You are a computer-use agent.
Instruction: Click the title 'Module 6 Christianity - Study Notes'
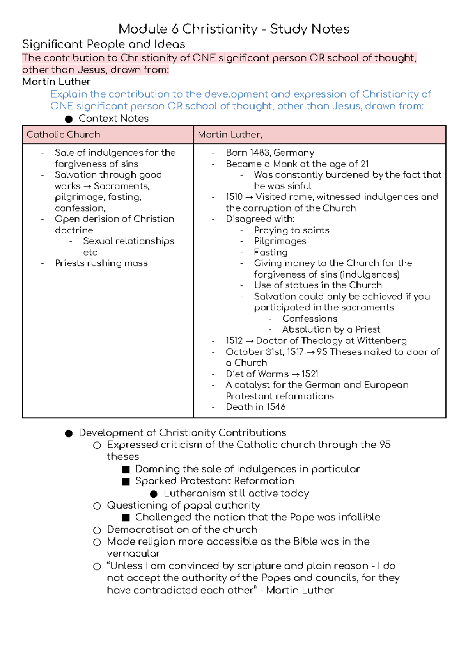point(234,29)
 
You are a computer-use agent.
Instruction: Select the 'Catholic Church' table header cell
point(63,135)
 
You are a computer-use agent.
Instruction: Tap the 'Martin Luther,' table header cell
point(230,135)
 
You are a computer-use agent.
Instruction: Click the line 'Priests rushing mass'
point(101,263)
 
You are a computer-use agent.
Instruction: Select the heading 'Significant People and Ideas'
point(103,44)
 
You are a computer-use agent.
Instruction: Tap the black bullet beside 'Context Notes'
point(69,119)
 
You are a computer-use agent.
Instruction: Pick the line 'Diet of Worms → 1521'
point(272,374)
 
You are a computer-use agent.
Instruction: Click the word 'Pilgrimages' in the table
point(280,241)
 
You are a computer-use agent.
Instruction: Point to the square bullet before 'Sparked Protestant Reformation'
point(126,481)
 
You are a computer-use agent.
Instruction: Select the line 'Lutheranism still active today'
point(236,493)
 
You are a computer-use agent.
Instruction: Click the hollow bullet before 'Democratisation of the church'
point(97,530)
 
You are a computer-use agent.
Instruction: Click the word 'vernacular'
point(133,553)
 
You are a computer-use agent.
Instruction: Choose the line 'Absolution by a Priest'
point(331,329)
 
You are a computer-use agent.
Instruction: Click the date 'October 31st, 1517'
point(264,352)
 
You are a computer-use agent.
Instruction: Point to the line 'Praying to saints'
point(291,230)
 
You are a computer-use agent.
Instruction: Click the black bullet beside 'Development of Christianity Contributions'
point(69,433)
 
